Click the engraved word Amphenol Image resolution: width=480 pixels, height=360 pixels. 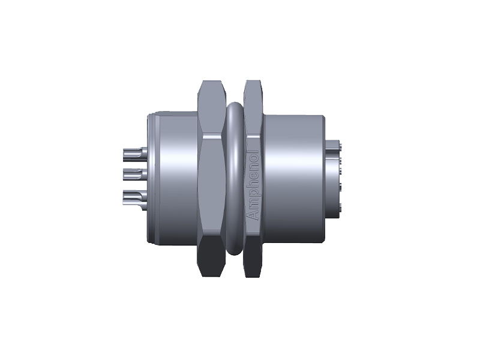click(x=253, y=184)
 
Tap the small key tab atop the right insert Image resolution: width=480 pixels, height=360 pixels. click(x=334, y=144)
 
